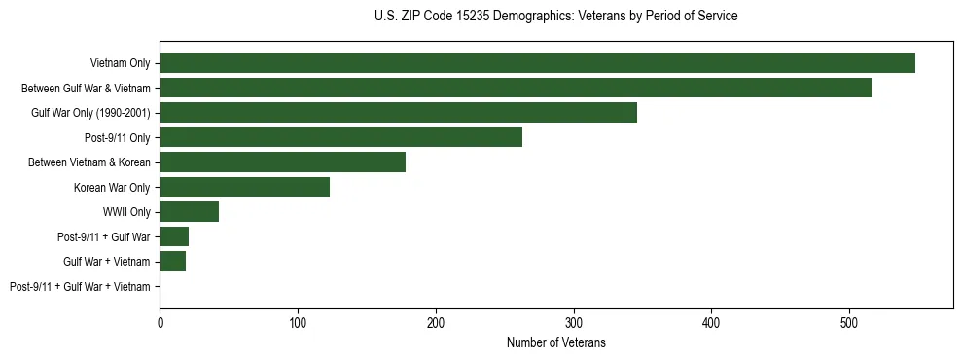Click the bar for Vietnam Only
[x=537, y=63]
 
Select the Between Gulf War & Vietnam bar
[x=516, y=88]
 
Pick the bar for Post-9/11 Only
[x=340, y=137]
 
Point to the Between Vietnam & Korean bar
[x=282, y=162]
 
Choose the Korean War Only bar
[x=244, y=187]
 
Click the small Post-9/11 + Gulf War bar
[x=174, y=236]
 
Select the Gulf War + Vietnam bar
[x=172, y=261]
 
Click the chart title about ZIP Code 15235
[x=555, y=17]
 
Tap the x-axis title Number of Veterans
[x=555, y=342]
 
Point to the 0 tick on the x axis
[x=160, y=322]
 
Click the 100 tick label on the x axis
[x=298, y=322]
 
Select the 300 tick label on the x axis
[x=574, y=322]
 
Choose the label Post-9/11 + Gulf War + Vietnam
[x=80, y=286]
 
